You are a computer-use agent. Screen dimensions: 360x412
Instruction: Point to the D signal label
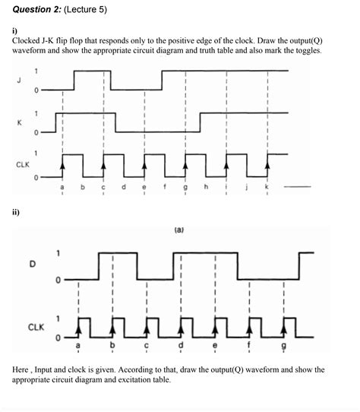[x=32, y=265]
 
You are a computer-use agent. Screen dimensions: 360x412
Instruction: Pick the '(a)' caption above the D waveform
[x=179, y=227]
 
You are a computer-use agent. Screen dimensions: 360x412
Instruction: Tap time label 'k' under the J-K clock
[x=267, y=186]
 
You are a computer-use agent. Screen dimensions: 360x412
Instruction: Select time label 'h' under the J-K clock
[x=206, y=186]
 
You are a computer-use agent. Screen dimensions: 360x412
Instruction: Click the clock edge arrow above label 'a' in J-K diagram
[x=62, y=161]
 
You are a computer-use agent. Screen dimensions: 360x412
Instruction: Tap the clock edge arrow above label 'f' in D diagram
[x=249, y=324]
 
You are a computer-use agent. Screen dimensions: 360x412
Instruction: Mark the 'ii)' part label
[x=16, y=212]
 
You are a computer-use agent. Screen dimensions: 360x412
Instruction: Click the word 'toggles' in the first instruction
[x=306, y=51]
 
